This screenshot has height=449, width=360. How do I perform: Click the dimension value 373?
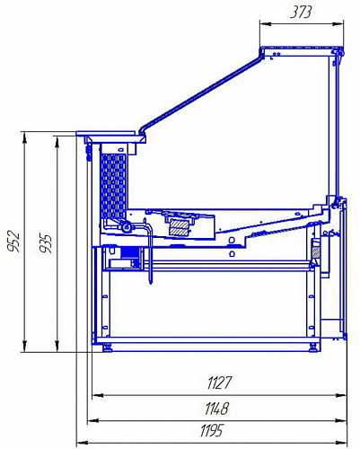[x=301, y=13]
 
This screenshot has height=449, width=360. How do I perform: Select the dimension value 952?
[x=14, y=242]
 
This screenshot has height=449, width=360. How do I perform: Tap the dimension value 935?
[x=46, y=244]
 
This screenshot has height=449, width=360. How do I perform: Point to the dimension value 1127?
[x=220, y=383]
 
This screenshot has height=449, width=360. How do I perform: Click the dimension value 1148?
[x=217, y=409]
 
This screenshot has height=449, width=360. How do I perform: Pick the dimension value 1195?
[x=212, y=431]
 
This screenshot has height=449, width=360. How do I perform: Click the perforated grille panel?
[x=113, y=186]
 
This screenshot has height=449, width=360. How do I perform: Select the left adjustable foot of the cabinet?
[x=108, y=348]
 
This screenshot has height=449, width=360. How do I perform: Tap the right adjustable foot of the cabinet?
[x=313, y=348]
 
